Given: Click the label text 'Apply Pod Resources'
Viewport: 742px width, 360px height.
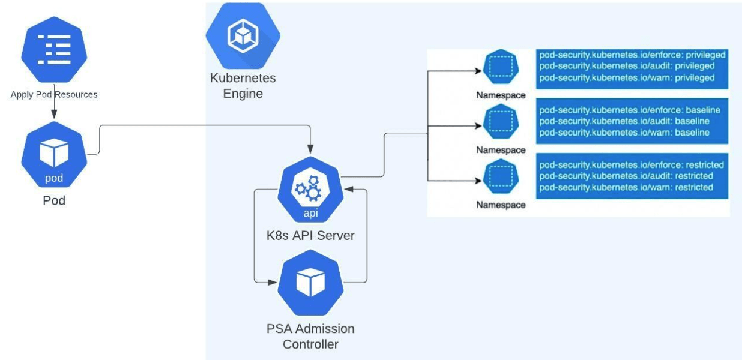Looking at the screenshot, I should coord(54,95).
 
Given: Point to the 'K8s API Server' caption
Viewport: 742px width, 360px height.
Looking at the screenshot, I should coord(310,236).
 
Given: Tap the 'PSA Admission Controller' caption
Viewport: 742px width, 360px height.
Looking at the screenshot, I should coord(310,337).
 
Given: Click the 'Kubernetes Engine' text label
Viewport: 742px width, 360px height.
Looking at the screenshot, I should coord(243,86).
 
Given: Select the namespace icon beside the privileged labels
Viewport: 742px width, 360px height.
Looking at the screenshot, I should coord(500,70).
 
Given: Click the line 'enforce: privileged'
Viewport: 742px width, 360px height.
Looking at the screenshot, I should coord(632,55).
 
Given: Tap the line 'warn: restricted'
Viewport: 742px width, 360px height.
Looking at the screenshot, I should coord(626,187).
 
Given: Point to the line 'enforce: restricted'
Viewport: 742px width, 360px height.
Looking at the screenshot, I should coord(632,164).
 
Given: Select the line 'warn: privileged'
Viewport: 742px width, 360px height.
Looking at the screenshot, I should coord(627,78).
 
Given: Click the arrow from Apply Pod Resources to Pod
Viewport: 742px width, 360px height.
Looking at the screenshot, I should coord(55,110).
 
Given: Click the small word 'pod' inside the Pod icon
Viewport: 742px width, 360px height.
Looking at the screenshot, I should coord(54,178).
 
